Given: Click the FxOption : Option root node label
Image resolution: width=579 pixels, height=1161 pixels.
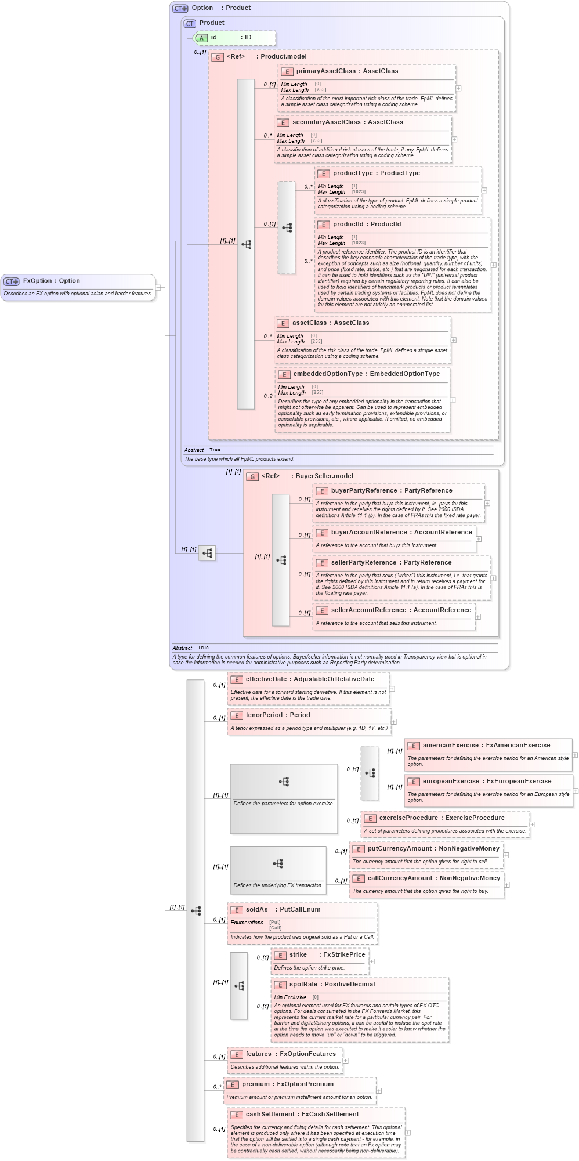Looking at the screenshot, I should point(51,281).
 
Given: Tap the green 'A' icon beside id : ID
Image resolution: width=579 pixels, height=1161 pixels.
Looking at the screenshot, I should point(201,38).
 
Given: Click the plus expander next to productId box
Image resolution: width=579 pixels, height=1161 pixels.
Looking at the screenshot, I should point(494,265).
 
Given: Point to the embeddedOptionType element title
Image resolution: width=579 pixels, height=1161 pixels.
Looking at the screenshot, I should point(328,374).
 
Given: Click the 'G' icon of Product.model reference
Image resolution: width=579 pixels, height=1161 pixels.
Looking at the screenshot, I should point(218,57).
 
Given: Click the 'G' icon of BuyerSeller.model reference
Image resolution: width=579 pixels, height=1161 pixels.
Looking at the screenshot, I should point(252,476).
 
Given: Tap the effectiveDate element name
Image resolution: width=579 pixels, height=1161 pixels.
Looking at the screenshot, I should point(266,679).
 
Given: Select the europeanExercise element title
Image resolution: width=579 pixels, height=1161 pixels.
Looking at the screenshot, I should point(454,782).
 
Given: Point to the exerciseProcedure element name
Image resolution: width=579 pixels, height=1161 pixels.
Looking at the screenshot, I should point(409,818).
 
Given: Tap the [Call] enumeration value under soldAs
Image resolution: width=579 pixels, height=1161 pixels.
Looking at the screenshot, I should point(275,928).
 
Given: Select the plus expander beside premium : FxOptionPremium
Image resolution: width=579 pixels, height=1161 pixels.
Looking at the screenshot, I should point(379,1091).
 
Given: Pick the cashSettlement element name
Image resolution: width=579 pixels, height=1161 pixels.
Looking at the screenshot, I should point(270,1115).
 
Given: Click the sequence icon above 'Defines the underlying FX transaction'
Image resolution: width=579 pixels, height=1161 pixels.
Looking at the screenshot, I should point(278,863).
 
